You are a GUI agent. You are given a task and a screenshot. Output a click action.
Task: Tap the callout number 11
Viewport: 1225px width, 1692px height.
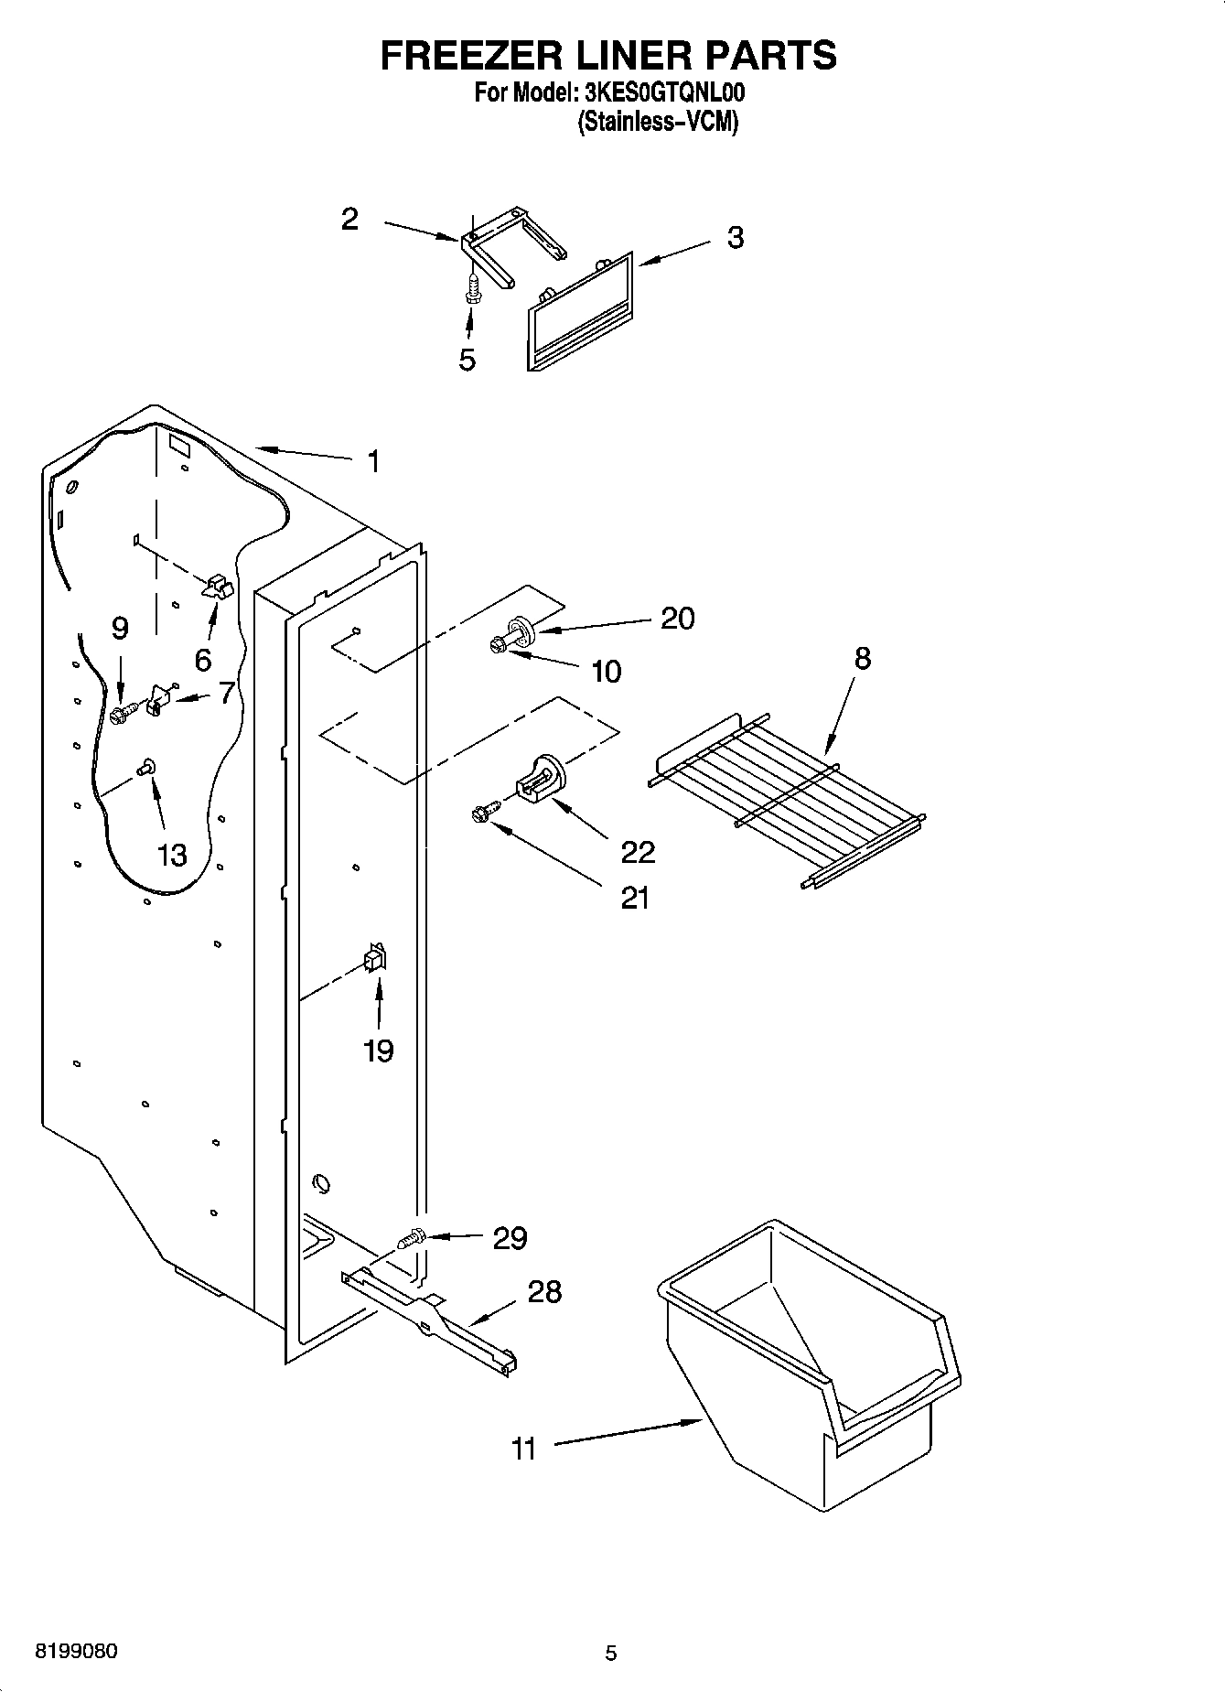523,1450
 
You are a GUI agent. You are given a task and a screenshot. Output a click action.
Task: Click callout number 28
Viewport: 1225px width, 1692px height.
544,1291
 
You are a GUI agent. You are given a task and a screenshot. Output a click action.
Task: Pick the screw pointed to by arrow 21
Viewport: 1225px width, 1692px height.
483,812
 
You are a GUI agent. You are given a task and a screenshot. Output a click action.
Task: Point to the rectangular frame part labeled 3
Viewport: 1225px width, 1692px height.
580,311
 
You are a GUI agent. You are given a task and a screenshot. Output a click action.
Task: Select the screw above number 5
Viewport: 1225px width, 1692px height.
472,288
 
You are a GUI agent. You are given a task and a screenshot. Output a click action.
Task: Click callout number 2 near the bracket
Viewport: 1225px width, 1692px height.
349,219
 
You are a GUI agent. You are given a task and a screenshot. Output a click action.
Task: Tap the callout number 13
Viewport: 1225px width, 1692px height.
172,855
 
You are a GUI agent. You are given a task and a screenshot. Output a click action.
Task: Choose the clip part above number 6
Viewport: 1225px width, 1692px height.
219,587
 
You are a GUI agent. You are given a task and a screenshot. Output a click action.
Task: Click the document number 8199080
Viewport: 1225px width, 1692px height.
76,1652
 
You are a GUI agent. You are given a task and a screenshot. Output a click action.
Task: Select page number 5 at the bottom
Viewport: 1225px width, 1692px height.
611,1653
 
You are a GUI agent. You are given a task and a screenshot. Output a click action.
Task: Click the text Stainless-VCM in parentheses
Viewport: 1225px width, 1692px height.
657,123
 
